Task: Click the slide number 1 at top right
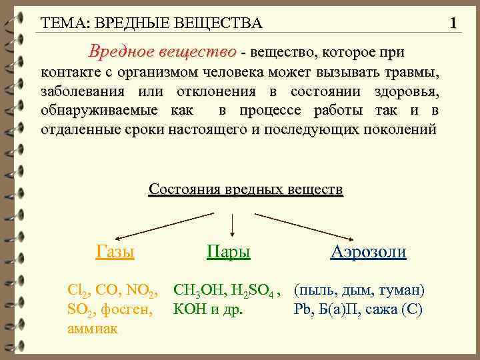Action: click(x=453, y=24)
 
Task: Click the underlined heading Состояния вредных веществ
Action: click(x=246, y=189)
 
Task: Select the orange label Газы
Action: click(x=115, y=251)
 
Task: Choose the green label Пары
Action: click(x=229, y=251)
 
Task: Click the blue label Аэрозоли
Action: click(x=368, y=251)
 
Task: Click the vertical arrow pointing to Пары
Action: click(x=231, y=225)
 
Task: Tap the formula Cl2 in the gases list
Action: click(x=79, y=291)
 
